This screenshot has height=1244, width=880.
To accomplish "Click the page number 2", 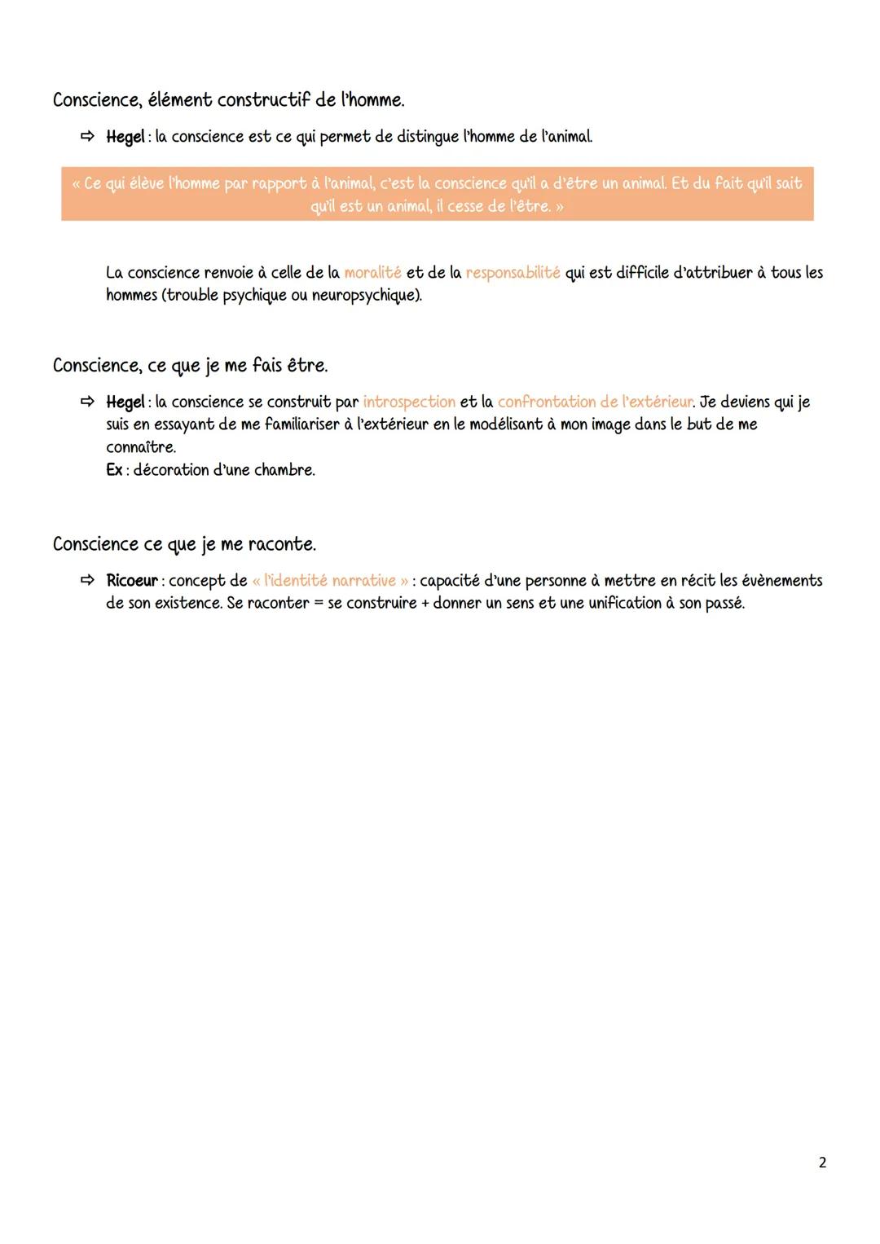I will coord(822,1163).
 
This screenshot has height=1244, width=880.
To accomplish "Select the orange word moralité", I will coord(372,273).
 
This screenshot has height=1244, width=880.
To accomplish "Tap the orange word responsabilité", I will coord(513,273).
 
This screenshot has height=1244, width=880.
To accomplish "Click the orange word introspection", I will coord(409,402).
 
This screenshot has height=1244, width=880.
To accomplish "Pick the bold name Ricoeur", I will coord(132,581).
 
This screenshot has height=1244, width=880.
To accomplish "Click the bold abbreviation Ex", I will coord(114,470).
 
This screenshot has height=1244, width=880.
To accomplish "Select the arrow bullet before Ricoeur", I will coord(87,581).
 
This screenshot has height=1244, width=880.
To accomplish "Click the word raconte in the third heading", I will coord(282,544).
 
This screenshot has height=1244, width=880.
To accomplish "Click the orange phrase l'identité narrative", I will coord(329,581).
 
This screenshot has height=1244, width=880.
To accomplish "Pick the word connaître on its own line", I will coord(140,447).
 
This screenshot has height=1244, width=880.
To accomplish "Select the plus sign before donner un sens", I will coord(425,604).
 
